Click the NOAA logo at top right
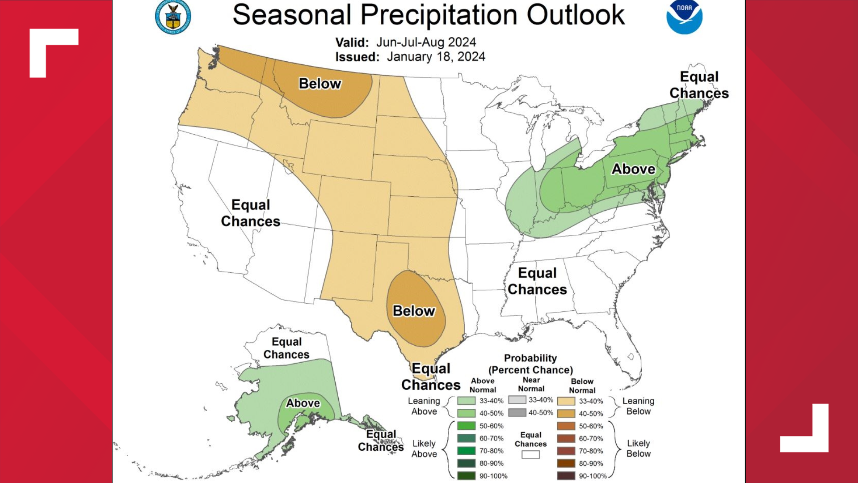684,17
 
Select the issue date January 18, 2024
436,57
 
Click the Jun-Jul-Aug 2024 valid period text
425,42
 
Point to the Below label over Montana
320,84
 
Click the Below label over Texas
414,311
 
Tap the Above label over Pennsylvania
633,169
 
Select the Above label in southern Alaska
303,403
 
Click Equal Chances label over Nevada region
251,213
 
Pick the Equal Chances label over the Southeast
537,281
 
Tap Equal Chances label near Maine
699,85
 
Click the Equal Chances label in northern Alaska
286,348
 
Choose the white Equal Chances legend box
530,454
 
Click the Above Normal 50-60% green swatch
466,426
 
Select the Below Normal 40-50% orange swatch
566,414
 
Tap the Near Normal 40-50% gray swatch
517,413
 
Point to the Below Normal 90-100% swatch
566,476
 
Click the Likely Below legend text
638,448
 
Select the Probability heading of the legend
530,358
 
